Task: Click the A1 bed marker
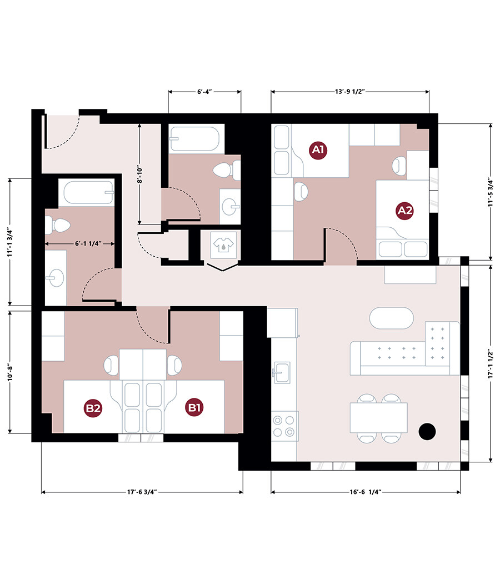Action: (x=318, y=149)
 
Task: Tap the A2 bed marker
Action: (x=404, y=211)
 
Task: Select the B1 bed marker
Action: (x=194, y=407)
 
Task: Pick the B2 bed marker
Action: (x=93, y=408)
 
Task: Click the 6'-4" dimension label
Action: (x=204, y=92)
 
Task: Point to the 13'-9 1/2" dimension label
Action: (x=349, y=92)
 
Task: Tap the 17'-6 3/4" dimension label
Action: (x=142, y=492)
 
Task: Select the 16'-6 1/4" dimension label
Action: (x=366, y=492)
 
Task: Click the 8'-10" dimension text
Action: (x=140, y=174)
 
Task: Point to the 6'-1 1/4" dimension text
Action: (x=88, y=243)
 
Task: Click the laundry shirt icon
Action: (x=223, y=244)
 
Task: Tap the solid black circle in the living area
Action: (x=427, y=431)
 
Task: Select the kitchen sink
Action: (x=282, y=372)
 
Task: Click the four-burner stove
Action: (x=284, y=426)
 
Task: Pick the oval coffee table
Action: (x=391, y=318)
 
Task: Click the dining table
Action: (x=379, y=417)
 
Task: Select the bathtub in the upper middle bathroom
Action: (x=194, y=139)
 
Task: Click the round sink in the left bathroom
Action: (x=56, y=277)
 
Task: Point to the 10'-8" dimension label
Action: (x=11, y=372)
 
